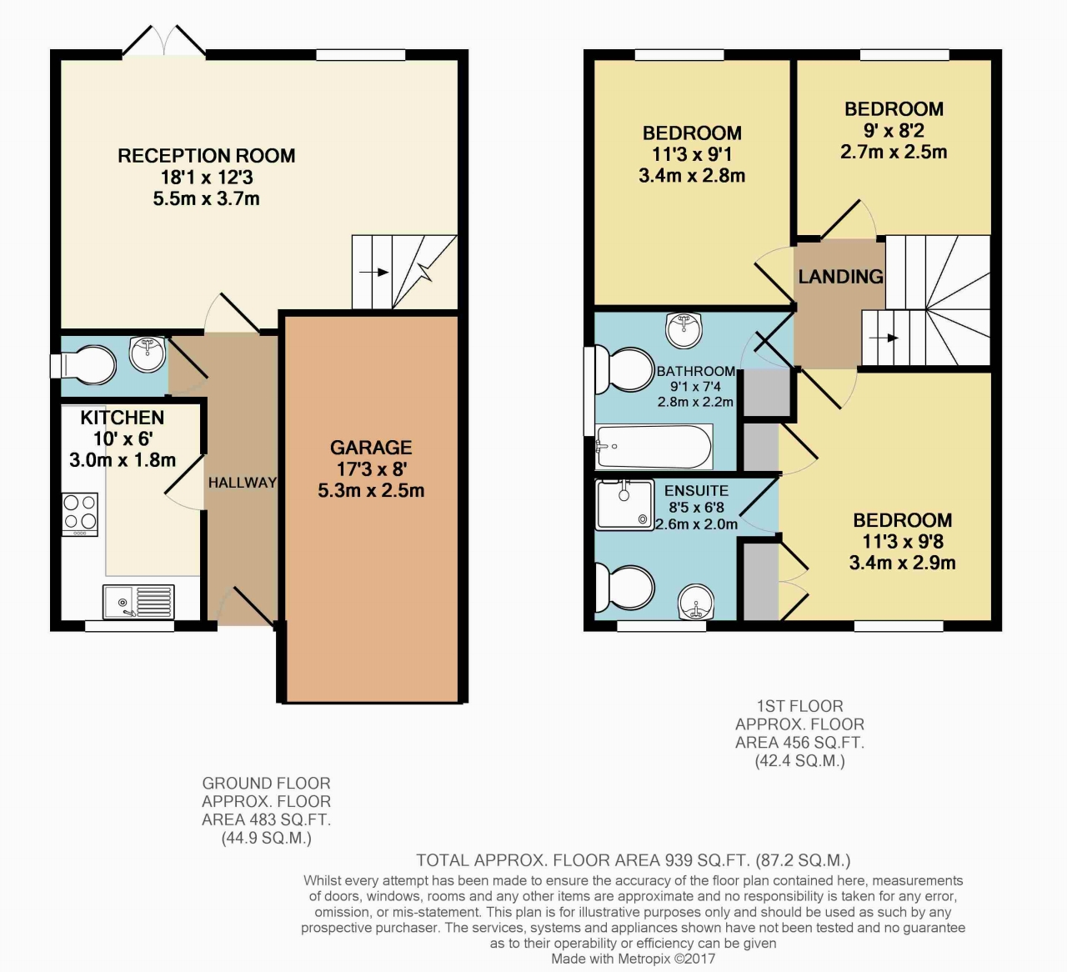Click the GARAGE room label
(x=371, y=448)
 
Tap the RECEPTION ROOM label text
(x=206, y=156)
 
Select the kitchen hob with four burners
(x=80, y=514)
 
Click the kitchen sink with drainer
(x=138, y=601)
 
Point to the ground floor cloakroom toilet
(x=83, y=365)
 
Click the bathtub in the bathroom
(x=654, y=447)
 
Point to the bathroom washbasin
(x=684, y=329)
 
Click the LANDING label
(x=840, y=277)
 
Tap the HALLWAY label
(x=242, y=483)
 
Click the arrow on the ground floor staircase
(x=373, y=272)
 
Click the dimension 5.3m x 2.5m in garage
(x=371, y=491)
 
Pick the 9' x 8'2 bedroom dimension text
(x=894, y=131)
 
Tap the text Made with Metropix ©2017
(x=633, y=959)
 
